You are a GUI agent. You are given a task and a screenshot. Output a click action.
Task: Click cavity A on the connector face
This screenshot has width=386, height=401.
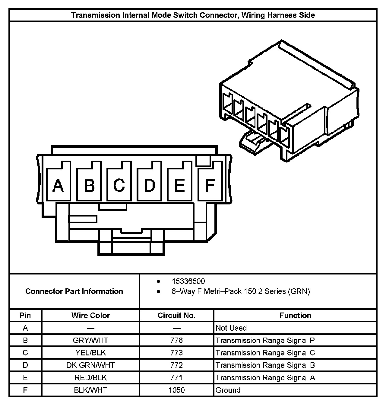click(59, 184)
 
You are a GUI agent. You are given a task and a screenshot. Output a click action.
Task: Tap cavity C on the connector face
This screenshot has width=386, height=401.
click(119, 184)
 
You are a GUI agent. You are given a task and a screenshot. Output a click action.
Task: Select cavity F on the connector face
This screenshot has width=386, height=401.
click(210, 184)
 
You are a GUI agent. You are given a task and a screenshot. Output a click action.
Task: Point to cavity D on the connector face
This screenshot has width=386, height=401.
click(149, 184)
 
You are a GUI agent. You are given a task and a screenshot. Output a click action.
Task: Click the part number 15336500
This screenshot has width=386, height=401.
click(188, 281)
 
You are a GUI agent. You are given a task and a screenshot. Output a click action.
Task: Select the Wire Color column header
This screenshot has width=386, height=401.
click(90, 315)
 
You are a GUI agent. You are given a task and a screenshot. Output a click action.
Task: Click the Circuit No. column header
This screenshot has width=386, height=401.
click(176, 315)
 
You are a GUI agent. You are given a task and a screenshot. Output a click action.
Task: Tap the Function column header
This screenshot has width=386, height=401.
click(295, 315)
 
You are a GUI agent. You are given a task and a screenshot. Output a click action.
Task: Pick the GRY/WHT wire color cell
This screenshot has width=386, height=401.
click(90, 340)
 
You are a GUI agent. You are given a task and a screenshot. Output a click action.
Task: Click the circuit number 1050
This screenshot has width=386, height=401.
click(176, 390)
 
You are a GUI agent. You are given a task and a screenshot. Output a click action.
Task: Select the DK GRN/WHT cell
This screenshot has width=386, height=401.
click(90, 365)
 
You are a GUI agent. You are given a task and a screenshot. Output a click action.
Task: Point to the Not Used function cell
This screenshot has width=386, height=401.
click(231, 328)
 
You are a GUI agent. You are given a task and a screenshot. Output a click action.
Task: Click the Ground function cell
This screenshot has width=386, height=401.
click(228, 390)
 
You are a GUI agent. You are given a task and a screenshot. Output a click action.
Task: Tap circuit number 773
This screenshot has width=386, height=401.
click(176, 353)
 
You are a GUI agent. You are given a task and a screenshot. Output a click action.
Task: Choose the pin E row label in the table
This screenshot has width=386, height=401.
click(25, 377)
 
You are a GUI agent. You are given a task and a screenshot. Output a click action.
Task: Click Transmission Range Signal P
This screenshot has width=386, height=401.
click(265, 340)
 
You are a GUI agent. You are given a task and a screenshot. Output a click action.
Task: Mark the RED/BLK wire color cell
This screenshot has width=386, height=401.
click(90, 377)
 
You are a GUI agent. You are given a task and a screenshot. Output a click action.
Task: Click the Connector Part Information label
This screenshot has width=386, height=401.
click(74, 291)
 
